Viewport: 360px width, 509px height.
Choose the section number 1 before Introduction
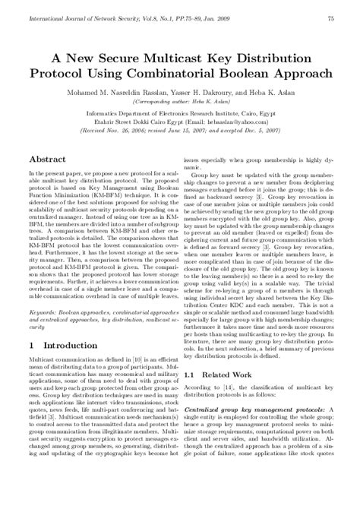pyautogui.click(x=30, y=346)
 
